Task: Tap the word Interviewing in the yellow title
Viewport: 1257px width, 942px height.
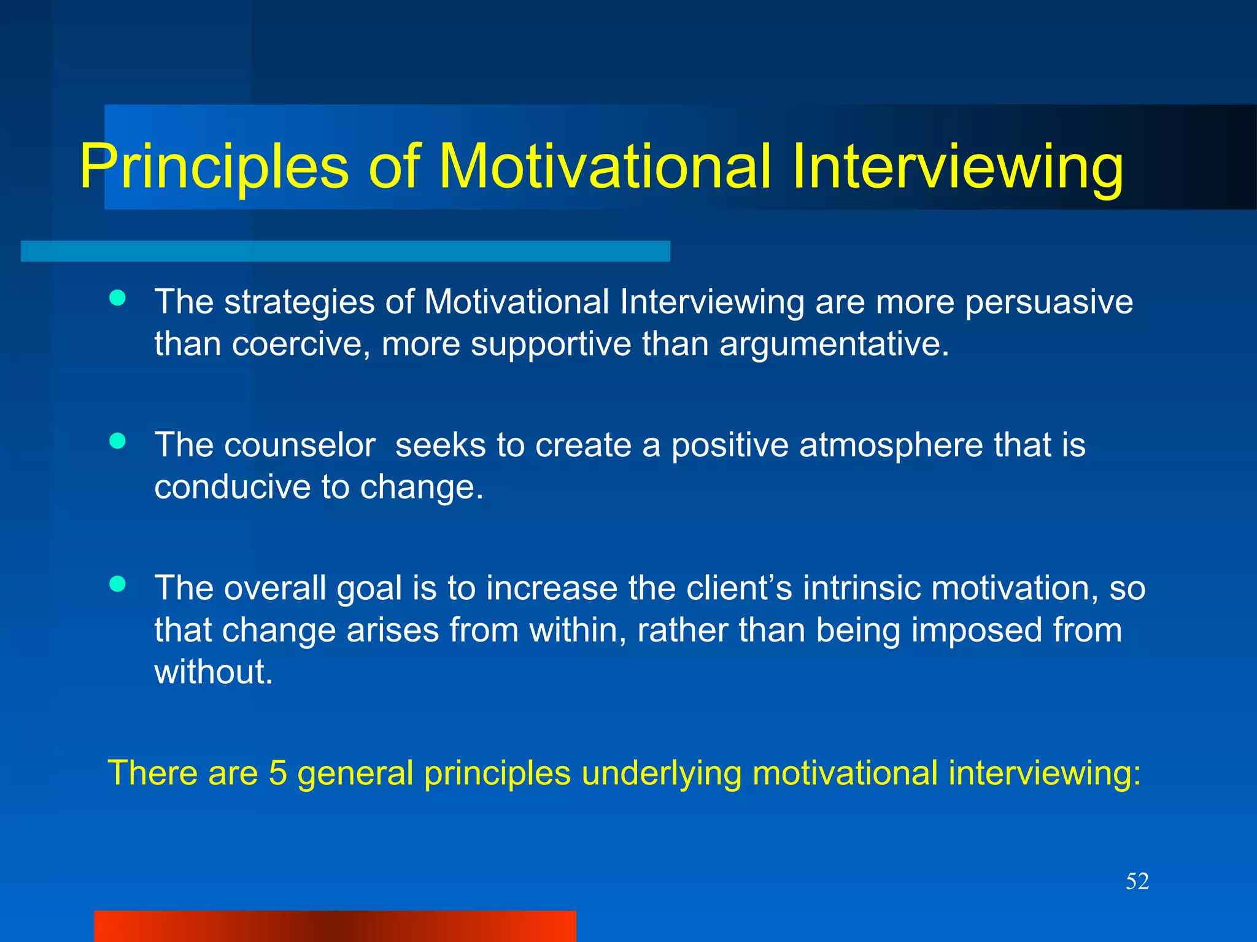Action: [957, 167]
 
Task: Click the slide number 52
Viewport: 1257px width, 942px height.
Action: [1137, 881]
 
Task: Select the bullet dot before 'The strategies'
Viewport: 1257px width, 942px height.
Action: [117, 299]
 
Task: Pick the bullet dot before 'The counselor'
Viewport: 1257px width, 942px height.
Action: [117, 441]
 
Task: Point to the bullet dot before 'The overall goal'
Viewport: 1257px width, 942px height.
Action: [117, 583]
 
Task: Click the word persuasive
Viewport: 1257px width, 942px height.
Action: [1048, 302]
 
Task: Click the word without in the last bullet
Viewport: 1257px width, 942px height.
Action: [213, 672]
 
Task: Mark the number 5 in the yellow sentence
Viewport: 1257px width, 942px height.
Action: [278, 773]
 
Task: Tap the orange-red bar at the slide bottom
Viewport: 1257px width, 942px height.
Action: [335, 926]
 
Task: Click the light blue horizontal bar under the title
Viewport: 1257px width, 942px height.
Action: [345, 251]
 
